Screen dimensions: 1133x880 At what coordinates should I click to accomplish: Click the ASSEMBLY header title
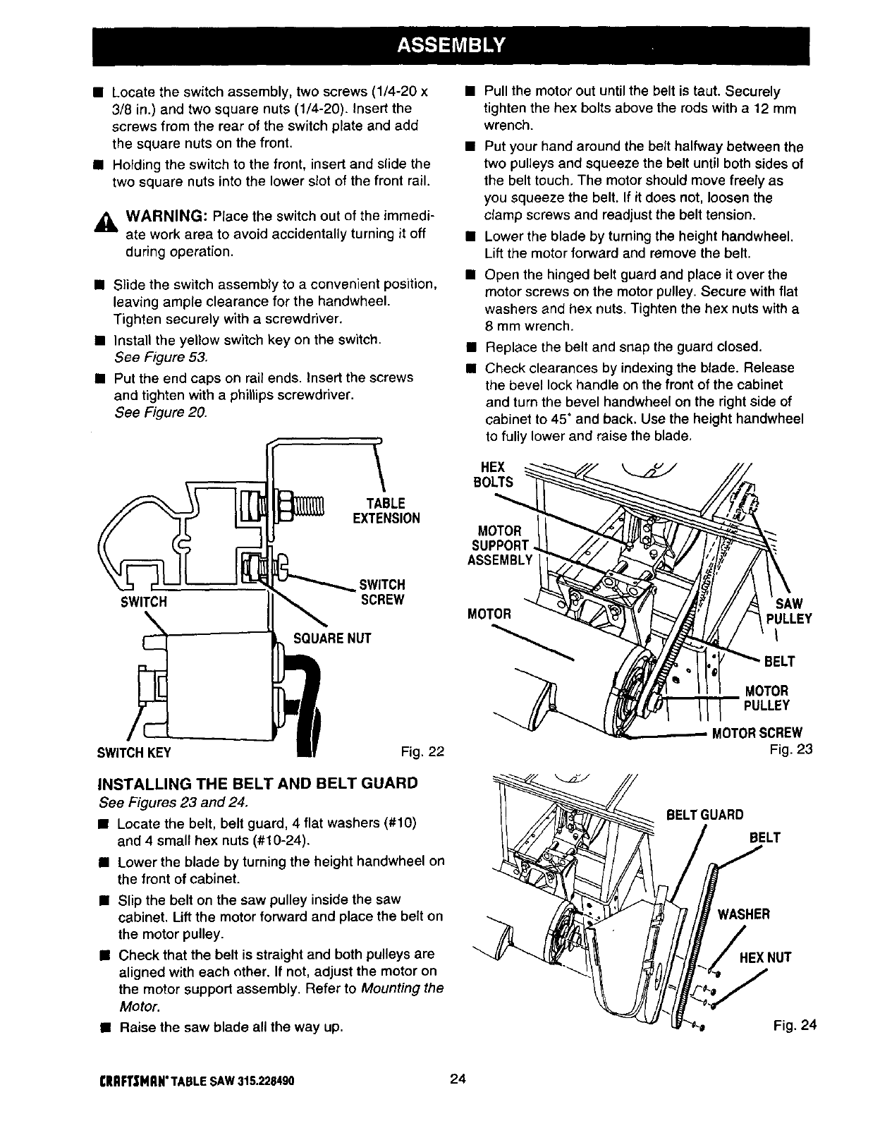[x=451, y=46]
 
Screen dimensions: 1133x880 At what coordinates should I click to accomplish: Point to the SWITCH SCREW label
[x=382, y=593]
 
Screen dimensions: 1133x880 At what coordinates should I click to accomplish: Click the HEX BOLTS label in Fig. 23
[x=492, y=475]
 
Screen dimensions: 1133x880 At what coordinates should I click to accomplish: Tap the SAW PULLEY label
[x=788, y=611]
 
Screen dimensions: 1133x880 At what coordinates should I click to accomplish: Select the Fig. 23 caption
[x=792, y=749]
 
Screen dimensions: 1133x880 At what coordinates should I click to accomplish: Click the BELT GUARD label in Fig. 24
[x=705, y=815]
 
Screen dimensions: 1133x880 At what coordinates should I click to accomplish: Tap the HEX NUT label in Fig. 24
[x=765, y=957]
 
